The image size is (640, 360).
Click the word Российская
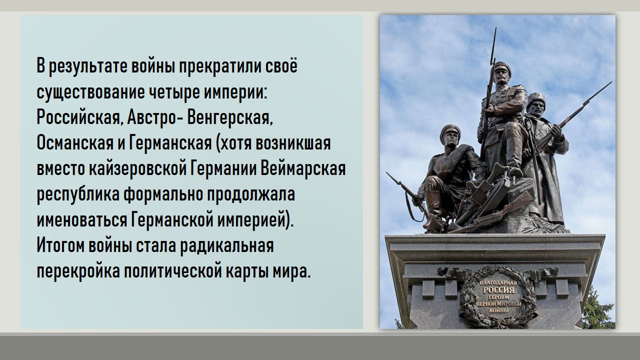(78, 117)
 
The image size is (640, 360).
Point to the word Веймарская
(303, 169)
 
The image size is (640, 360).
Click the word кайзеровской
(137, 169)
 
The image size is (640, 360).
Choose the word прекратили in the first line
(219, 66)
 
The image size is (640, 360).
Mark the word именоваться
(81, 219)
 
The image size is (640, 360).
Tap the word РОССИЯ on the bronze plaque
(498, 290)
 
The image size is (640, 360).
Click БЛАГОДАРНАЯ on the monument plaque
(498, 283)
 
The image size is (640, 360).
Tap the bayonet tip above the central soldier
(495, 28)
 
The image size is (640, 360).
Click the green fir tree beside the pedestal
(598, 310)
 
